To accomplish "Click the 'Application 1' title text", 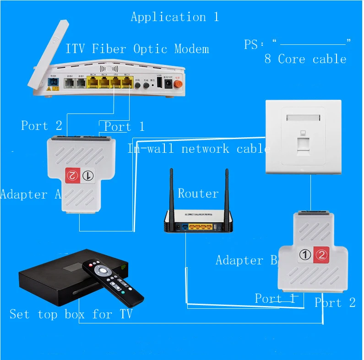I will pos(174,17).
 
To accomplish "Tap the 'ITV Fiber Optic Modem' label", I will pos(137,48).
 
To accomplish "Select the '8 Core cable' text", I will pos(305,59).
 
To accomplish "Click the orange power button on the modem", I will pos(175,84).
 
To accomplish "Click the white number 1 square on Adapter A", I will pos(87,175).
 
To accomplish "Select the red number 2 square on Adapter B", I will pos(321,255).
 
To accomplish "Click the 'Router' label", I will pos(198,193).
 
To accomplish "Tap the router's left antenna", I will pos(173,192).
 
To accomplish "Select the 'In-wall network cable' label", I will pos(198,149).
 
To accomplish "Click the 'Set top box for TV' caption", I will pos(71,314).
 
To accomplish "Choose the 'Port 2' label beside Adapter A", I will pos(41,126).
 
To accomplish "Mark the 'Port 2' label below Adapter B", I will pos(335,303).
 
